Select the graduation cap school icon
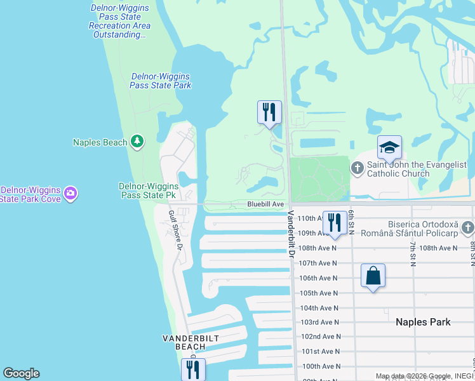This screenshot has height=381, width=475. [x=389, y=149]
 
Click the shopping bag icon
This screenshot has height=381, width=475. [x=373, y=276]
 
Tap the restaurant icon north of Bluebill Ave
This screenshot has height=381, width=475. [x=269, y=112]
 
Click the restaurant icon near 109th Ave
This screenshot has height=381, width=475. [x=335, y=222]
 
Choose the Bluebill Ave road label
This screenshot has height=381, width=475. [x=265, y=204]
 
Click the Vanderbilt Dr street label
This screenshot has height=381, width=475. [x=292, y=234]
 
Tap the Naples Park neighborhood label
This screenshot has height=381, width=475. [x=423, y=322]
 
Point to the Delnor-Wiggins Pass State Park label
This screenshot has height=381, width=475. [x=161, y=81]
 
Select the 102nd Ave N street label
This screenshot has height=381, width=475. [x=320, y=337]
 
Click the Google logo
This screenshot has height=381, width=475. [x=21, y=373]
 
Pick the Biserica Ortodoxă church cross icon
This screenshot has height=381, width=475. [x=468, y=227]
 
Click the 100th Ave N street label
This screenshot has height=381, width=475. [x=320, y=366]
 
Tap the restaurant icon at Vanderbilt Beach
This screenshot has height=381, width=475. [x=193, y=370]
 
